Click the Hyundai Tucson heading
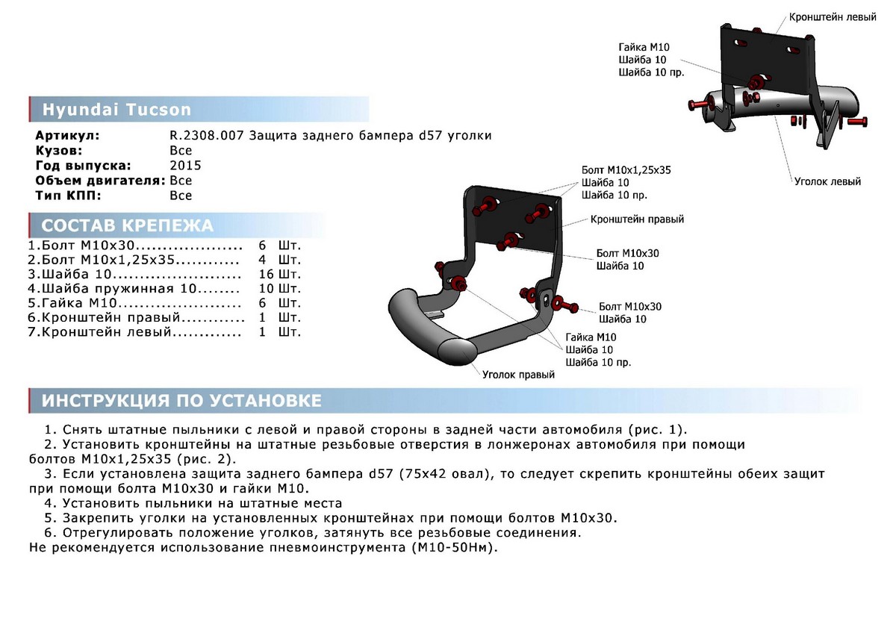116,110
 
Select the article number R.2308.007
206,136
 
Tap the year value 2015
186,166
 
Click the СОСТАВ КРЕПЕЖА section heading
127,225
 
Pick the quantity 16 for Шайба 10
266,274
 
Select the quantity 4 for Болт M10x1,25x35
262,260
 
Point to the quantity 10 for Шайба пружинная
266,289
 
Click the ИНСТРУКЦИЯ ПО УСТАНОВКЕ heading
181,401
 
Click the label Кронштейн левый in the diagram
833,17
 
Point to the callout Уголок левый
827,181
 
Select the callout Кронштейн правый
637,219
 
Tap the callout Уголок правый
518,375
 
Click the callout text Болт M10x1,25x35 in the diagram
626,170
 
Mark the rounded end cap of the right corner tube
457,352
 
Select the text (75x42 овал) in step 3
445,474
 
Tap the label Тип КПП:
69,196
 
